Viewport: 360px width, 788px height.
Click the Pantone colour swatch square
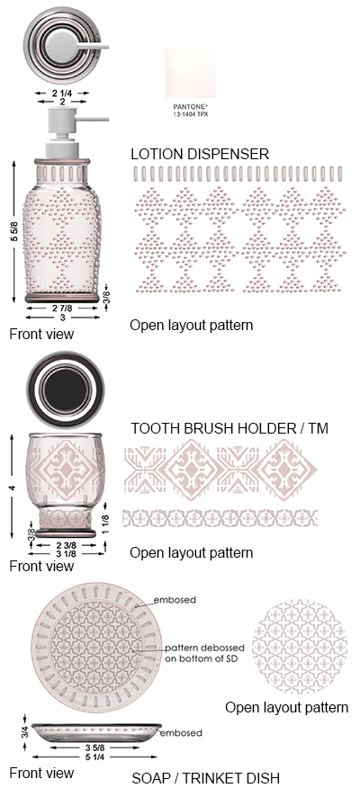pos(191,73)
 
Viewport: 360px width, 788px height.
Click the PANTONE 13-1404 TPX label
pos(191,111)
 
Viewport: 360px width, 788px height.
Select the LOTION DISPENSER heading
pos(200,155)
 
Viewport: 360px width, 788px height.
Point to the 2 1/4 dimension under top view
pos(62,93)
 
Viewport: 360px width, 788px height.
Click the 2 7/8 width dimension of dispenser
pos(62,308)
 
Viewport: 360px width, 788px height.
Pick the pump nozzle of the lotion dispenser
pos(92,119)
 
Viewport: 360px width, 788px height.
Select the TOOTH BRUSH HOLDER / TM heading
pos(229,429)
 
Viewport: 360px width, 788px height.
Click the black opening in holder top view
pos(66,390)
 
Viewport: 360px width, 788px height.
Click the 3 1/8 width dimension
pos(67,554)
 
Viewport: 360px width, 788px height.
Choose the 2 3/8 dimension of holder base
pos(67,546)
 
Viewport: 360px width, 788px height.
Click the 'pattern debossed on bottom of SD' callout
pos(204,653)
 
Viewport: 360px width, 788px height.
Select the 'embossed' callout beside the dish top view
pos(175,600)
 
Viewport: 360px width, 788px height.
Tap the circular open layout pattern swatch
pos(299,646)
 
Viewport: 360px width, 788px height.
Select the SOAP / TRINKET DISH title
pos(205,778)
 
